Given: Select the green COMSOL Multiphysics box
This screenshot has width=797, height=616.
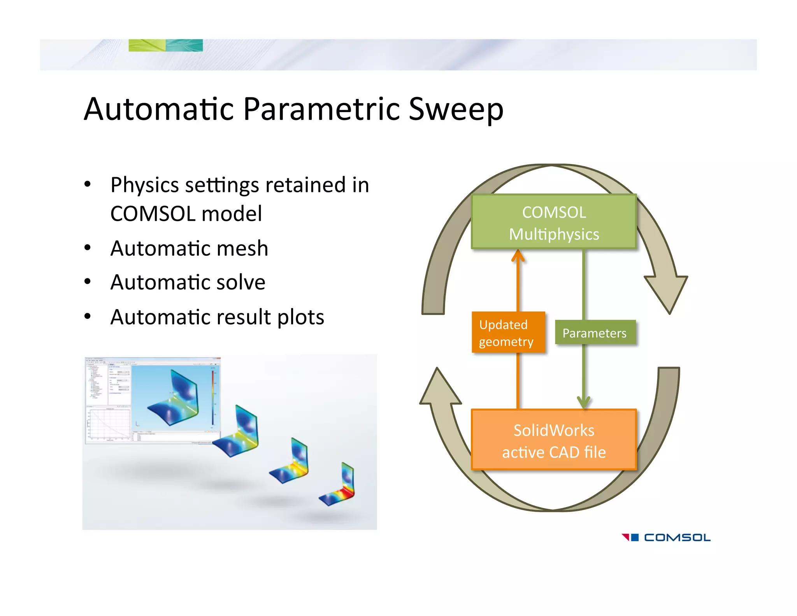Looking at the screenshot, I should (x=553, y=222).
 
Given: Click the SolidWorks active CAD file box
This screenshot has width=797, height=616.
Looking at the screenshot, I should (x=553, y=440).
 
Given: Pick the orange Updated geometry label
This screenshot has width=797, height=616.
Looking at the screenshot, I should (x=507, y=333).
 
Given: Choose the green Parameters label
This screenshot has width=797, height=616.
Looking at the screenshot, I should (x=594, y=333).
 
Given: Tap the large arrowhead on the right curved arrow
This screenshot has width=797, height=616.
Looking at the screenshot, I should (x=667, y=292).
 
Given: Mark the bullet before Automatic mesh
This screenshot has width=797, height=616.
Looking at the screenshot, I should (x=88, y=248).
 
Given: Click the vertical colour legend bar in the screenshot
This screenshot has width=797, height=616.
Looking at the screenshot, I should (x=213, y=397).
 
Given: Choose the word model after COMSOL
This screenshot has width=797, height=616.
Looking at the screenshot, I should (x=232, y=214).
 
